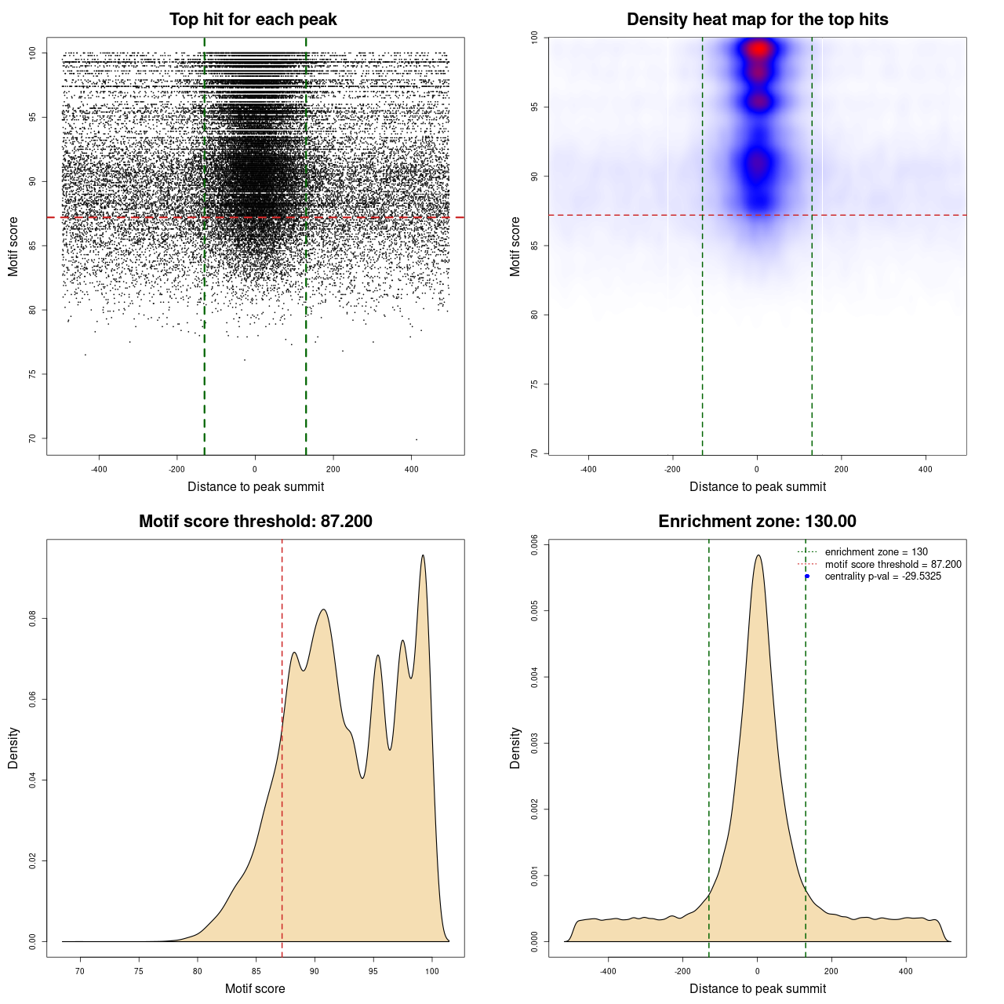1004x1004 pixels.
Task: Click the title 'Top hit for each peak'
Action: tap(253, 20)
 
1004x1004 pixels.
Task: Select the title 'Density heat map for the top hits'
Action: tap(757, 20)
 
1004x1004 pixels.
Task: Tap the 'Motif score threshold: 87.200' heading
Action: tap(255, 522)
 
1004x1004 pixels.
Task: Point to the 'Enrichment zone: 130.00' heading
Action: tap(757, 522)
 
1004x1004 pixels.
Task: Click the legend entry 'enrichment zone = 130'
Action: tap(875, 552)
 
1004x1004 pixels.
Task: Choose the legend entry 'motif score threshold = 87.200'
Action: tap(893, 565)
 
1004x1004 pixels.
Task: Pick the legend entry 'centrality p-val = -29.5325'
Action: tap(882, 577)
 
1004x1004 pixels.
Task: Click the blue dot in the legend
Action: tap(807, 577)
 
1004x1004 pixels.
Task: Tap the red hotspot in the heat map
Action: tap(758, 49)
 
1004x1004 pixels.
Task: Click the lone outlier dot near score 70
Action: tap(416, 439)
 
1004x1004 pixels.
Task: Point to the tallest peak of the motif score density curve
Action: tap(423, 555)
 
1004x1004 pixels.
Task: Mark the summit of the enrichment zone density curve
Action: tap(758, 555)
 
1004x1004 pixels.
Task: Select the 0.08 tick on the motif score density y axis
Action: tap(32, 619)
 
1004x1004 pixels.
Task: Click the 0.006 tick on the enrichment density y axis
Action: tap(534, 544)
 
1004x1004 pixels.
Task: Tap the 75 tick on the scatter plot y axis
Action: tap(32, 374)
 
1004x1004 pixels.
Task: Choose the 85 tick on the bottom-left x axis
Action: tap(256, 971)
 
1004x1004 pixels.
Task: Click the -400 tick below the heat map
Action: tap(588, 469)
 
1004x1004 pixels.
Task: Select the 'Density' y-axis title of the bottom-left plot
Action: tap(13, 748)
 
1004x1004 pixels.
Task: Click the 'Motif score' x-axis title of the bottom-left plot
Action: tap(255, 988)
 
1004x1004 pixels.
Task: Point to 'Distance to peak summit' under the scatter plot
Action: tap(256, 486)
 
